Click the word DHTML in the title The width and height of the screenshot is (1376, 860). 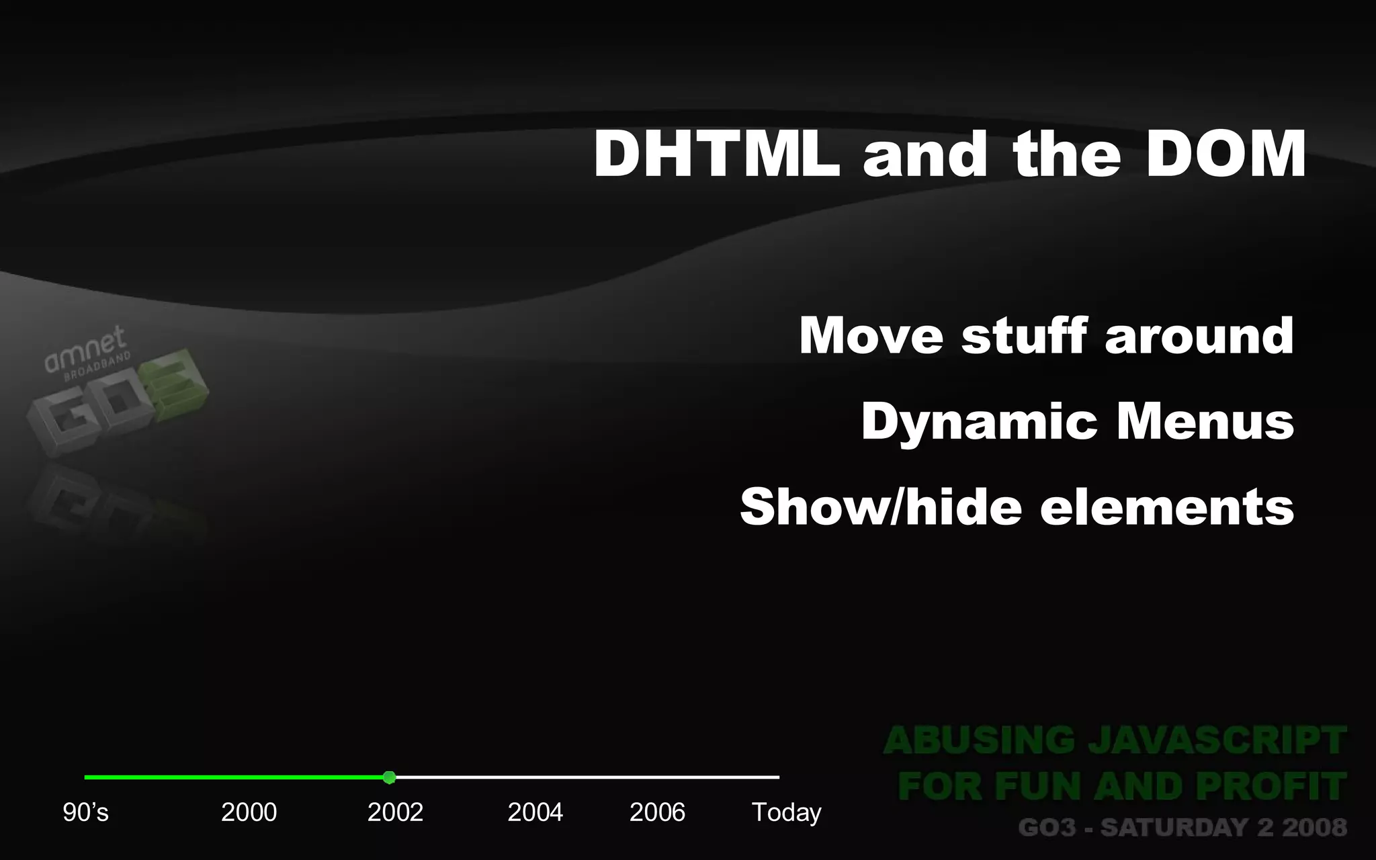point(716,155)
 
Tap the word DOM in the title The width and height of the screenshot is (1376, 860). point(1225,155)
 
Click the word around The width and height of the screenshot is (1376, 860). point(1199,335)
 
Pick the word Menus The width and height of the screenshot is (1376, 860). point(1205,422)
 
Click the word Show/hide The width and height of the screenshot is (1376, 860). point(880,507)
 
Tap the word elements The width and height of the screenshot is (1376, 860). point(1166,507)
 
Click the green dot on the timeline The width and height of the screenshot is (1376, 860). point(389,777)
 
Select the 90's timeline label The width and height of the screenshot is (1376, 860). point(85,812)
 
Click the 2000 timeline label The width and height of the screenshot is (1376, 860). point(249,812)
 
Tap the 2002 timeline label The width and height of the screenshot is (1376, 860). point(395,812)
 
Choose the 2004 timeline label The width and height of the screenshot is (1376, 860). point(535,812)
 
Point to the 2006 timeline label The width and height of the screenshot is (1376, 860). point(657,812)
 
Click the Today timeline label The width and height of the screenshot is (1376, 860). point(786,812)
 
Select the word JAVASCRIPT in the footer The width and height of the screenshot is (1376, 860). point(1217,741)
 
